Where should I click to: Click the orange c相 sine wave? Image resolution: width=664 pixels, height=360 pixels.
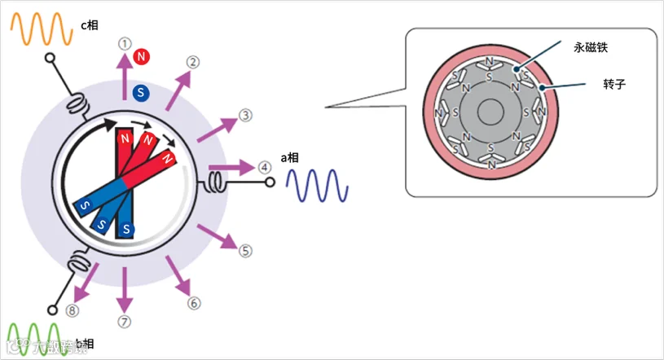[40, 28]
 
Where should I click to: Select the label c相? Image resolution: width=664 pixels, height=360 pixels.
[89, 25]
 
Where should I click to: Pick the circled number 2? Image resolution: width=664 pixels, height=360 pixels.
[193, 63]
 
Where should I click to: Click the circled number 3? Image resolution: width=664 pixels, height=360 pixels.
[245, 116]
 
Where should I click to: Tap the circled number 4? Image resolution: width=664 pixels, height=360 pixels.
[264, 167]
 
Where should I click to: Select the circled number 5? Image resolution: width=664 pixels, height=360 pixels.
[245, 250]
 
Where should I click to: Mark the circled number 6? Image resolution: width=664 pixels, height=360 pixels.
[194, 303]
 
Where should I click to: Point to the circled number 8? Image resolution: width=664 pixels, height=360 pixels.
[73, 310]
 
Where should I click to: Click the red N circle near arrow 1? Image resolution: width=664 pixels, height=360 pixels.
[143, 56]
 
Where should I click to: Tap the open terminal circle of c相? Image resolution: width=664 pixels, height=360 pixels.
[50, 59]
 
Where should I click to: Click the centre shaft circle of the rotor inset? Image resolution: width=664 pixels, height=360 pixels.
[489, 112]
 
